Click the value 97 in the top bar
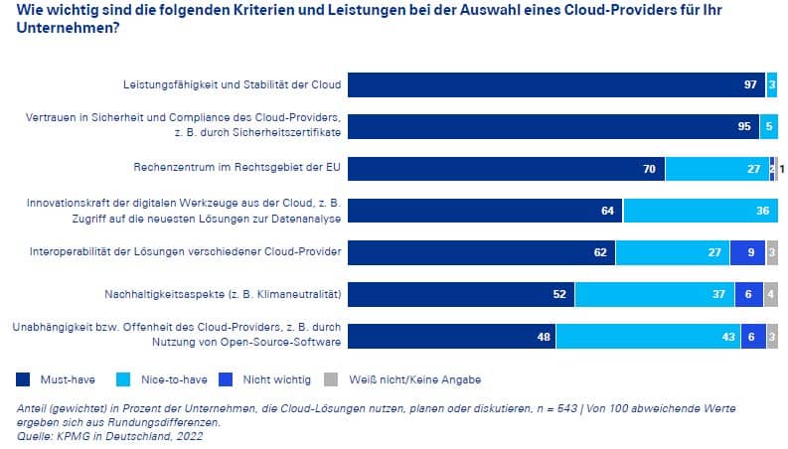pos(750,84)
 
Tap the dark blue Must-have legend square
pos(23,378)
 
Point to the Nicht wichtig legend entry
pos(273,378)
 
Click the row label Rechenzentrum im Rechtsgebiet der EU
pos(236,167)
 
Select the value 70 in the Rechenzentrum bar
pos(649,169)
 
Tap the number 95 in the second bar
pos(744,126)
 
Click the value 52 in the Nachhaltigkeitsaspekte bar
pos(559,294)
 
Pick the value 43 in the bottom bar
pos(726,337)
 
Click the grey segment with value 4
pos(771,294)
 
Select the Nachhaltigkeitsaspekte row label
pos(223,294)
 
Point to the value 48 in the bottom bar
pos(544,337)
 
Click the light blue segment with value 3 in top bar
pos(772,84)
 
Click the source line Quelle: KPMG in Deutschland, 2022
pos(110,434)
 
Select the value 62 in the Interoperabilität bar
pos(600,252)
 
